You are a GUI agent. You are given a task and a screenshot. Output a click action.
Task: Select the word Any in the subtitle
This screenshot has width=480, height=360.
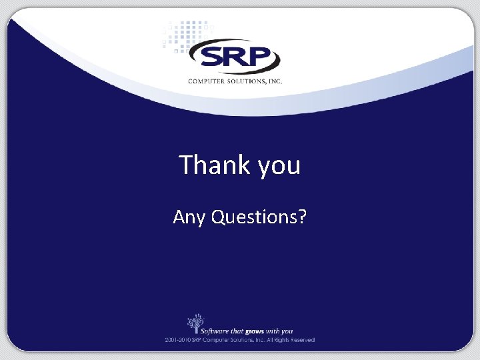pos(189,217)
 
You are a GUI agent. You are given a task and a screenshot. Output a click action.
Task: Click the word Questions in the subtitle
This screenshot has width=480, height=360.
pos(253,217)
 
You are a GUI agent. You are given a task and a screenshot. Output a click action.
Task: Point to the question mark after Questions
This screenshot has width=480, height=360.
pos(302,217)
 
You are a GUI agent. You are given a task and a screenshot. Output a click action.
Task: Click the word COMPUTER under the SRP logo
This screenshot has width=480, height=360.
pos(208,81)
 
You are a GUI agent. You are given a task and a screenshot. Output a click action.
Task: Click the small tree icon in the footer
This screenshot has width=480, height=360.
pos(195,323)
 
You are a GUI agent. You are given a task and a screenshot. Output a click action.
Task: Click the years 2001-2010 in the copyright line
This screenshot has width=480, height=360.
pos(179,340)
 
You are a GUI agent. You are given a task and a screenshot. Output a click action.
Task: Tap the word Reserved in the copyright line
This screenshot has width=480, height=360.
pos(301,340)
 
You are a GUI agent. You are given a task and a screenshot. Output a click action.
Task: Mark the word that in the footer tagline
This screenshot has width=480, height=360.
pos(245,331)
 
